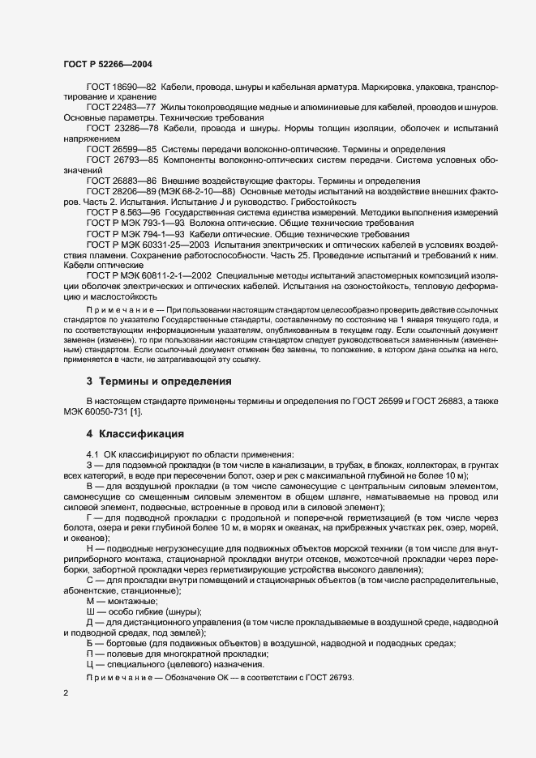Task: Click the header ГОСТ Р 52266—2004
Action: click(107, 64)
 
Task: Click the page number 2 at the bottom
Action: click(66, 693)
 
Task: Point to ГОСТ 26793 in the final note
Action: click(328, 676)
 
